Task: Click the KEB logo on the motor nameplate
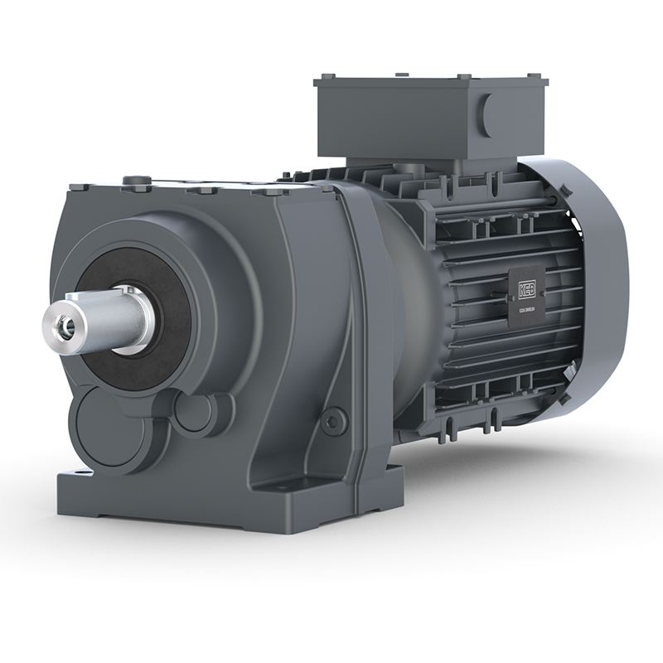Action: tap(527, 290)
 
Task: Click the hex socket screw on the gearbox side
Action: tap(333, 422)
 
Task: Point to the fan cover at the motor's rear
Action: tap(597, 273)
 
